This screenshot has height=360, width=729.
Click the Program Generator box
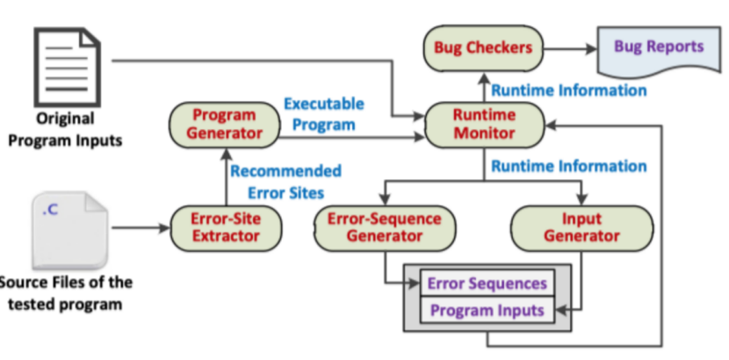coord(227,125)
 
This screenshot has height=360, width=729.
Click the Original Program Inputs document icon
coord(64,66)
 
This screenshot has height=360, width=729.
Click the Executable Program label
coord(323,114)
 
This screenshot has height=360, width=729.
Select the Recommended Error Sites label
coord(285,180)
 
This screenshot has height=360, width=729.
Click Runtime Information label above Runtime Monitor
coord(568,90)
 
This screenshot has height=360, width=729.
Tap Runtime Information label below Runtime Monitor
coord(568,166)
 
